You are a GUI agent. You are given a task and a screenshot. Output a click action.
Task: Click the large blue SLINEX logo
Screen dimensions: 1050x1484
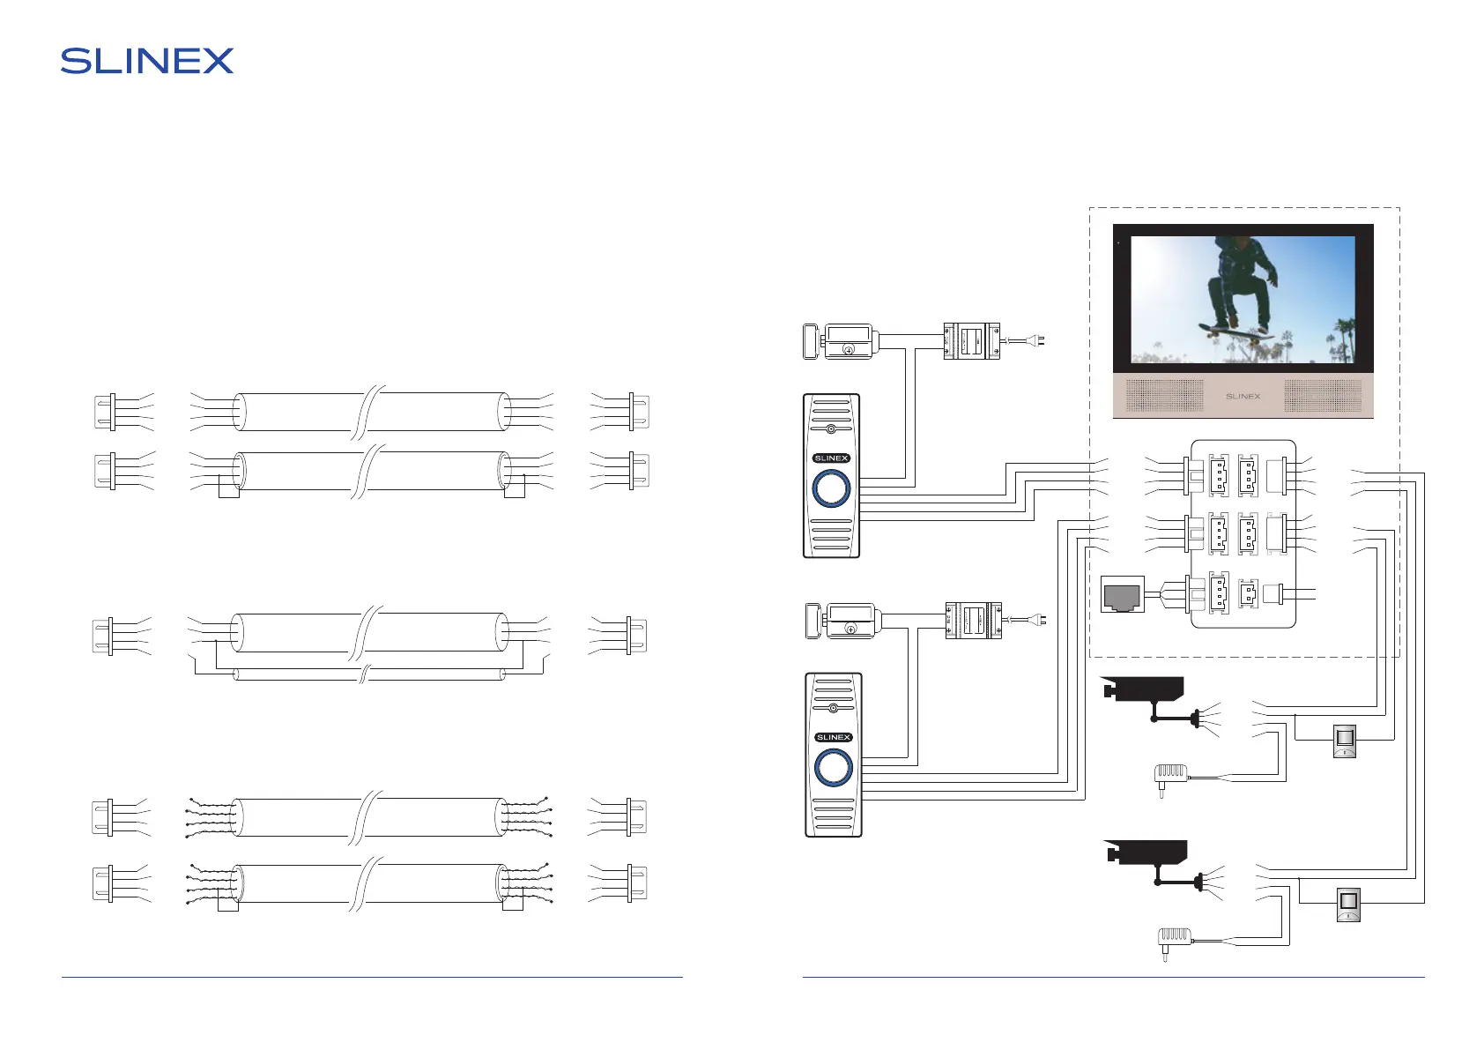147,61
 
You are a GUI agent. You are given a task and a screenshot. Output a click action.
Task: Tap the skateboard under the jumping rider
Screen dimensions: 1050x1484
1236,332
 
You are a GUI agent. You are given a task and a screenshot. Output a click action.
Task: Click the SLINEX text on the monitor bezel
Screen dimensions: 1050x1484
1243,397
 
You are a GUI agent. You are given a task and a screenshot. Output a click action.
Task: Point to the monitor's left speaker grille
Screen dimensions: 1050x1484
1164,396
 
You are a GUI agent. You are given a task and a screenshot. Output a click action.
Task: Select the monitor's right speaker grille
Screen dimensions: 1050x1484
1322,396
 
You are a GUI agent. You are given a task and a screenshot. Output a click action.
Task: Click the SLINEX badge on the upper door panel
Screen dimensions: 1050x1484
831,458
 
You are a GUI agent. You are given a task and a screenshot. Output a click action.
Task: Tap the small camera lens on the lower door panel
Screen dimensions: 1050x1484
833,708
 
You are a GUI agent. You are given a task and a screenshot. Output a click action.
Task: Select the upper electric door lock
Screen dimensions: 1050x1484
839,341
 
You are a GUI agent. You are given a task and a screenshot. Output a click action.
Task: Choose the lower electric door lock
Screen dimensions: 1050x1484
841,621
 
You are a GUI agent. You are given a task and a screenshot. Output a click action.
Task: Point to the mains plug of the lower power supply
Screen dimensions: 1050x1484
1041,620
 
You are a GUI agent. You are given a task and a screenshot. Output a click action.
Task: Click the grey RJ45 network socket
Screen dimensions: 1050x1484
1123,595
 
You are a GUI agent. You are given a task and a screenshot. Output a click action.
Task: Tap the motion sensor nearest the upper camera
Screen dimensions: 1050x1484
1344,741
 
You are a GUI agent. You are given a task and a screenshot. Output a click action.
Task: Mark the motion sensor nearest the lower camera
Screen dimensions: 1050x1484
1348,905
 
